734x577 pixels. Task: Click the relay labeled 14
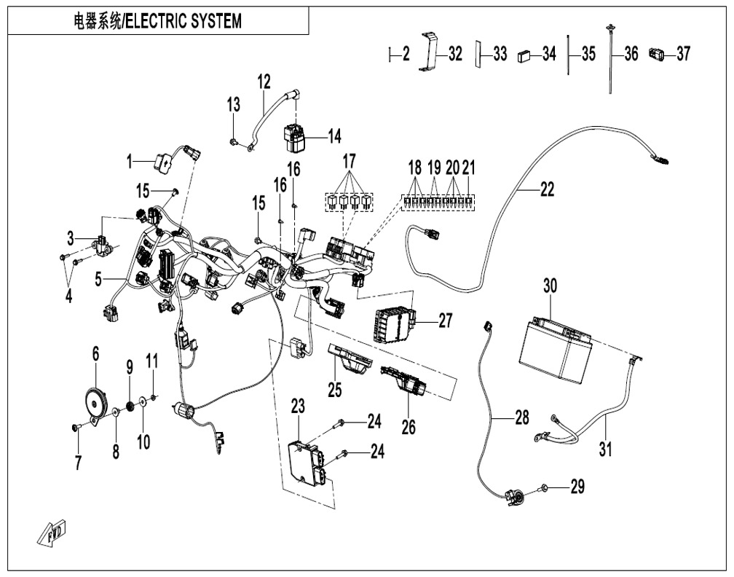pos(297,136)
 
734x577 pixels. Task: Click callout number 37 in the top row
pos(682,54)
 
